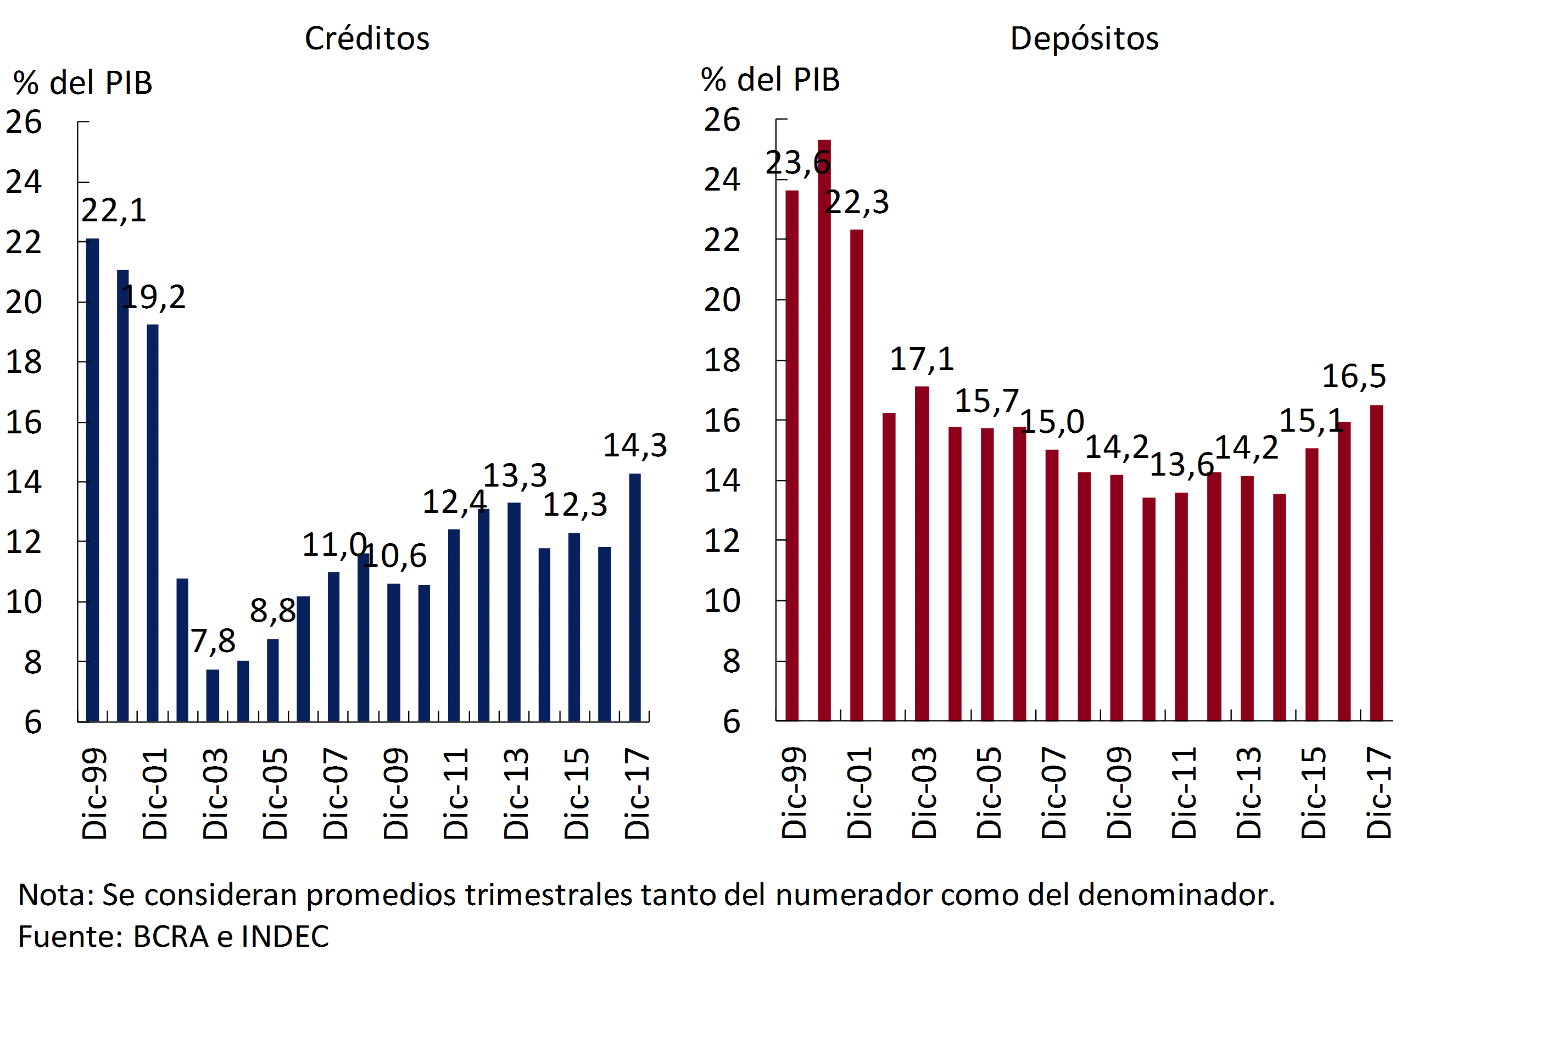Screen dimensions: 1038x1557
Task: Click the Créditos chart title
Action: [x=367, y=38]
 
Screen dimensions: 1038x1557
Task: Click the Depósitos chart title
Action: [x=1084, y=38]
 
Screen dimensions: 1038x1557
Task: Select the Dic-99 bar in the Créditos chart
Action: [x=93, y=479]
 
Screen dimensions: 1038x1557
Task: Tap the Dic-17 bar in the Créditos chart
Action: [x=634, y=597]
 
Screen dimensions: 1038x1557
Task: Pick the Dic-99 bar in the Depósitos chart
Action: [x=792, y=455]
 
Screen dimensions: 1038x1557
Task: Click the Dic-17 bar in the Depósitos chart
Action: [x=1376, y=563]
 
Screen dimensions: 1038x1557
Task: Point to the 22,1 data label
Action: [x=114, y=210]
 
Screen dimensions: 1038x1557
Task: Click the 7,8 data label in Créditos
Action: [x=213, y=641]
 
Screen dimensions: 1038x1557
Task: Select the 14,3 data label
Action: [x=635, y=445]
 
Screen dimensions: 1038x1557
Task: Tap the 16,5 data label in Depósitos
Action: [x=1354, y=376]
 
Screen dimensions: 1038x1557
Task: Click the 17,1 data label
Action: [x=922, y=360]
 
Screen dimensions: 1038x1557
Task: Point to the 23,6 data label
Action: [x=797, y=163]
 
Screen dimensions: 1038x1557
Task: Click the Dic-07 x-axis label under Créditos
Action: [x=336, y=794]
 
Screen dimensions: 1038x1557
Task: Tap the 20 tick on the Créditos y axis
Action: [x=24, y=303]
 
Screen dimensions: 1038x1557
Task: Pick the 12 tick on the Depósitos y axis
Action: [x=722, y=542]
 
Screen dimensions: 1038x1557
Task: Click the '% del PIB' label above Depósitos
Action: [x=771, y=80]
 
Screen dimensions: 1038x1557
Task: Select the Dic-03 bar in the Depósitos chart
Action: [x=922, y=554]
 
